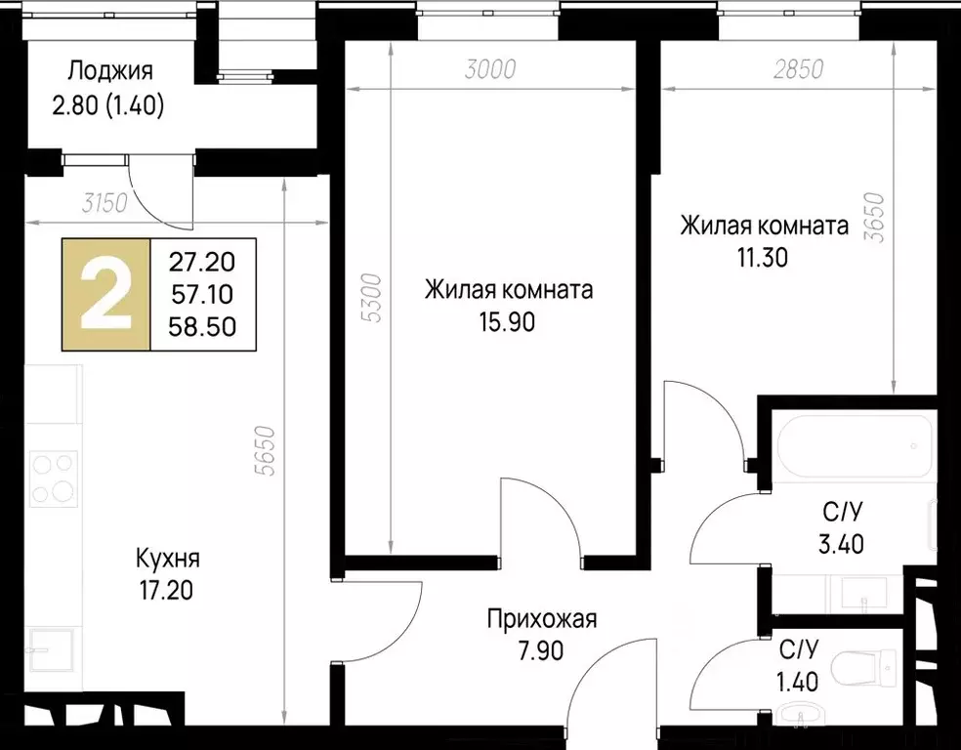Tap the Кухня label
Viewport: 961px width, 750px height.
click(x=168, y=560)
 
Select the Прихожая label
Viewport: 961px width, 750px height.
click(x=541, y=618)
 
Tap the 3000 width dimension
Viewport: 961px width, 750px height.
click(x=488, y=70)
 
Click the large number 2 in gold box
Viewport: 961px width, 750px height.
click(x=105, y=294)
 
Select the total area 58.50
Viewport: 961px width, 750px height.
click(x=202, y=325)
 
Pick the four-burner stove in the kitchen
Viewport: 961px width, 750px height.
click(x=53, y=479)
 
